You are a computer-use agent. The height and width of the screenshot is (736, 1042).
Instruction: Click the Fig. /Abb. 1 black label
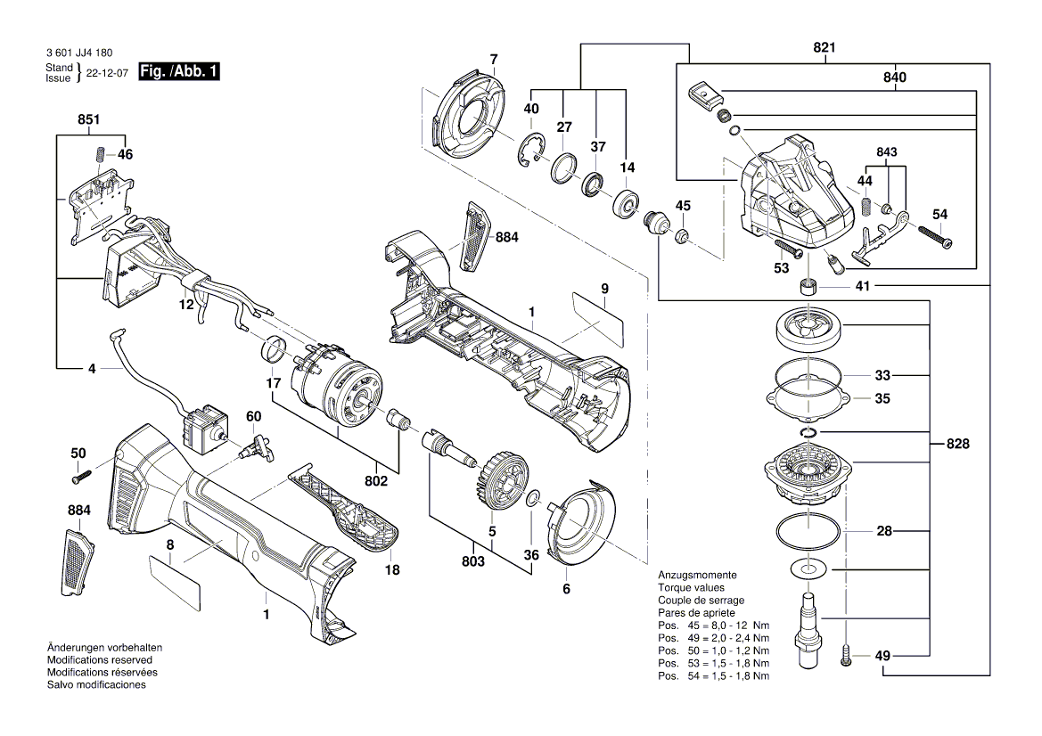(179, 71)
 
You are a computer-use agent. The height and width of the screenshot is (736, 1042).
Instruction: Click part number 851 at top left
(89, 120)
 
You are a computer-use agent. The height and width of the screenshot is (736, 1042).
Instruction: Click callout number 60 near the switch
(254, 417)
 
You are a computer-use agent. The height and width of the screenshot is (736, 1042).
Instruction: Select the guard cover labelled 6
(579, 526)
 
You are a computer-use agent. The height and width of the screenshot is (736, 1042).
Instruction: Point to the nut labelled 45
(682, 236)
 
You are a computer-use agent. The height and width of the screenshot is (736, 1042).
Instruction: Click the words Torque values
(691, 588)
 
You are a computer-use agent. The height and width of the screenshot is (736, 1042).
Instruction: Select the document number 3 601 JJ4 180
(78, 53)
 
